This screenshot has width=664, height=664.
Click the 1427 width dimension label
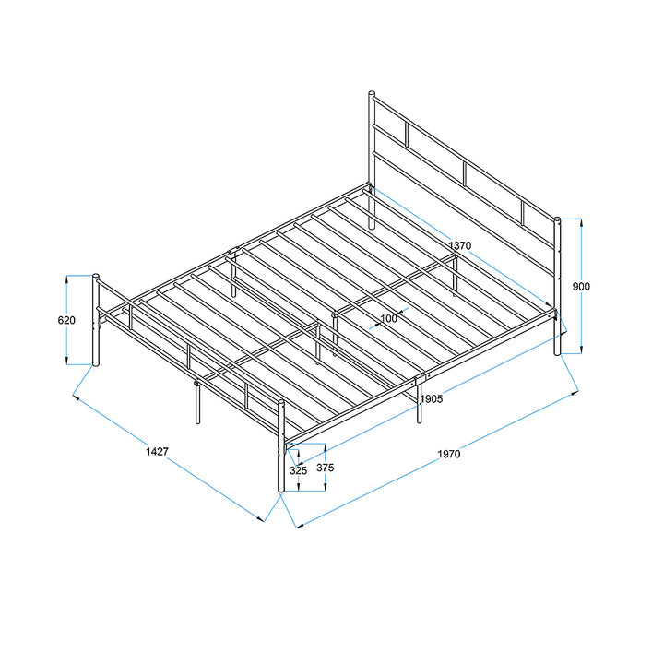tap(158, 451)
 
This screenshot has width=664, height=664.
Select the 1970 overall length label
tap(449, 454)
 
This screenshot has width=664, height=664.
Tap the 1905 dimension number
tap(432, 399)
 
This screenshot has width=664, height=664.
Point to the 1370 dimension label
tap(460, 245)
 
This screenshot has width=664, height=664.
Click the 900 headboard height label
tap(581, 287)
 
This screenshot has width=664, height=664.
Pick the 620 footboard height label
tap(66, 320)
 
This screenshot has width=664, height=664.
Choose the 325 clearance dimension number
tap(298, 470)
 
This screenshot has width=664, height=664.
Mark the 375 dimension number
tap(326, 468)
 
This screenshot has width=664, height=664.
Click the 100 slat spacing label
tap(389, 318)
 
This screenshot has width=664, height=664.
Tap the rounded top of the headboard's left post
tap(372, 93)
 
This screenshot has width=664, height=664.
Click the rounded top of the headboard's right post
tap(557, 219)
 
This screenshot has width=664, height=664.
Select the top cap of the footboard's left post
tap(96, 276)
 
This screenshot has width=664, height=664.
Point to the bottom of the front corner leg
tap(280, 490)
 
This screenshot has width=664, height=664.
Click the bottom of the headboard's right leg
tap(557, 352)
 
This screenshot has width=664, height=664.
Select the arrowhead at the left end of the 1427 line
tap(76, 397)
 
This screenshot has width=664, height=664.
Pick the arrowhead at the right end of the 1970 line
tap(575, 393)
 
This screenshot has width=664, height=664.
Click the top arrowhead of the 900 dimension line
tap(581, 222)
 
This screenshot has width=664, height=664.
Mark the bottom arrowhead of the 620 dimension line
tap(66, 361)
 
